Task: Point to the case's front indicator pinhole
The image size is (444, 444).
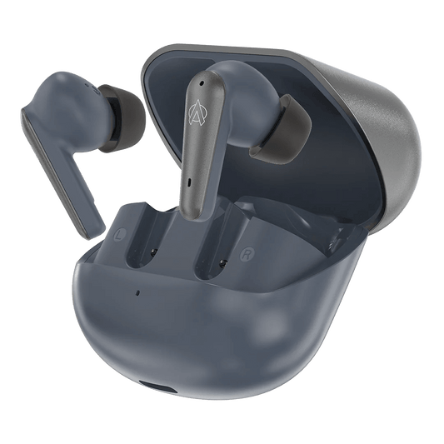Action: pyautogui.click(x=137, y=292)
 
